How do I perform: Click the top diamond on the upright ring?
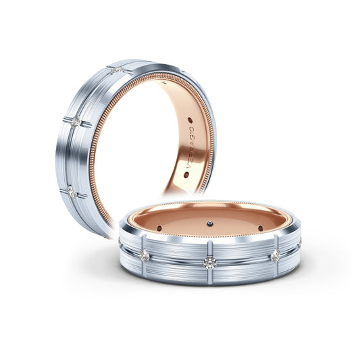point(118,70)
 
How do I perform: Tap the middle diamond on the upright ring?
point(77,121)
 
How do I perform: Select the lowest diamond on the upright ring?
point(72,192)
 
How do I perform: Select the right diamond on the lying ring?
point(275,254)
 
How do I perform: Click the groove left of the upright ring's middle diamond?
point(67,119)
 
